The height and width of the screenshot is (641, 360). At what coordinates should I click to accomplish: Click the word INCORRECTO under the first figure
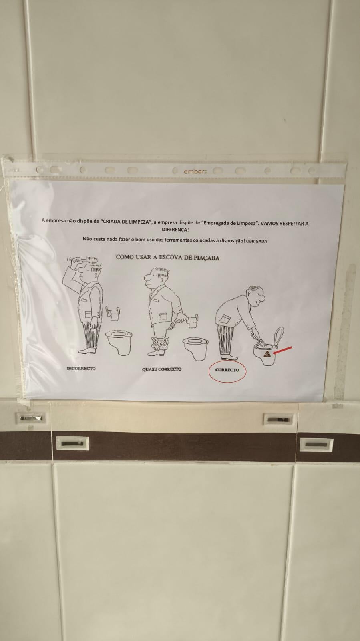tap(81, 368)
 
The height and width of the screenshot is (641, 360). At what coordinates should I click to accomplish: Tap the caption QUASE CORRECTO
tap(162, 369)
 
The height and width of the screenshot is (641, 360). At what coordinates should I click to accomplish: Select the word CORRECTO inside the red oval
tap(227, 370)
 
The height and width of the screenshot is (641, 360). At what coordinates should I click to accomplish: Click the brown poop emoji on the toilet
tap(267, 354)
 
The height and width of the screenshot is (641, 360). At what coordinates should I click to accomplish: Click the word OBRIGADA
tap(257, 241)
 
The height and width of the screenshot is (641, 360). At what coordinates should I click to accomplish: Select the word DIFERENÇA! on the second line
tap(175, 230)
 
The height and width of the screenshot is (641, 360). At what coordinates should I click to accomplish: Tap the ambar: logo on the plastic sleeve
tap(195, 172)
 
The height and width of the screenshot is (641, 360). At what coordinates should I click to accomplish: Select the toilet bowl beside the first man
tap(119, 342)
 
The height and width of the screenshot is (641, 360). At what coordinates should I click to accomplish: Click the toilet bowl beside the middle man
tap(195, 348)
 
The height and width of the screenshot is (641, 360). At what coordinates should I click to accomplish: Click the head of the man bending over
tap(255, 296)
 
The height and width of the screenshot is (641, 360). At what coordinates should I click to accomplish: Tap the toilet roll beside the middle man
tap(193, 321)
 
